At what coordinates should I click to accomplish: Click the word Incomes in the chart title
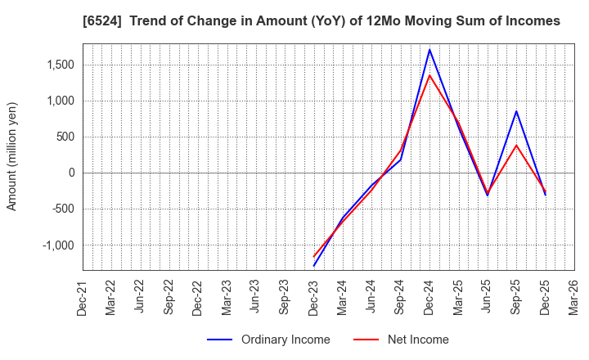point(531,21)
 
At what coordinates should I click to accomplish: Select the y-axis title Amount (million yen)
point(12,156)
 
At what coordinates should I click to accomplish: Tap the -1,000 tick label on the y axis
point(57,245)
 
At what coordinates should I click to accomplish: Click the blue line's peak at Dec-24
point(429,50)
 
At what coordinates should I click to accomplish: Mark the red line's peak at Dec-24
point(429,75)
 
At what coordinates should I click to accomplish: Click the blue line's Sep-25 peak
point(516,111)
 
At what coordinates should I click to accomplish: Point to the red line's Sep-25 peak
point(516,146)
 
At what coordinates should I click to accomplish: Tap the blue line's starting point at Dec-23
point(314,266)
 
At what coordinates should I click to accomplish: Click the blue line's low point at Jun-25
point(488,196)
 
